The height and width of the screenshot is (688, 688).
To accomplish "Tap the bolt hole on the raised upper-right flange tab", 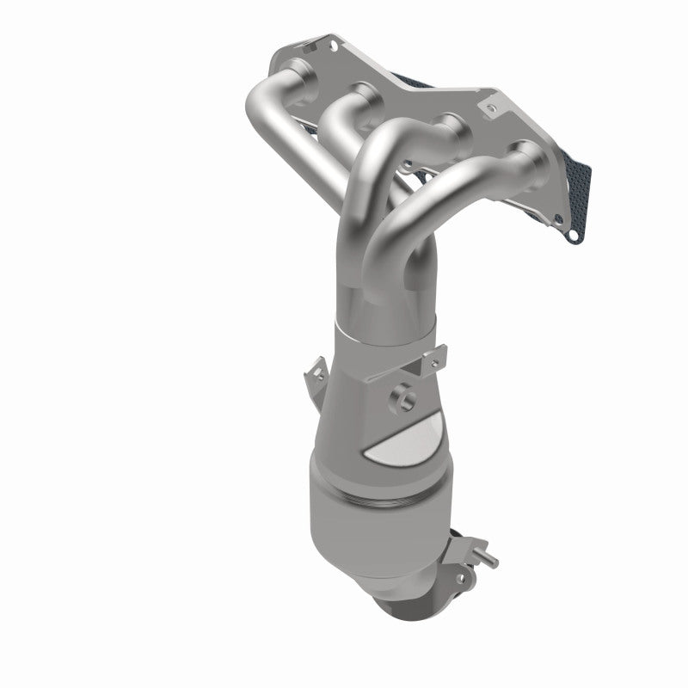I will coord(490,108).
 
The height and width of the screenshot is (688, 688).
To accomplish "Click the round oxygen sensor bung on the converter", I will coord(402,396).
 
